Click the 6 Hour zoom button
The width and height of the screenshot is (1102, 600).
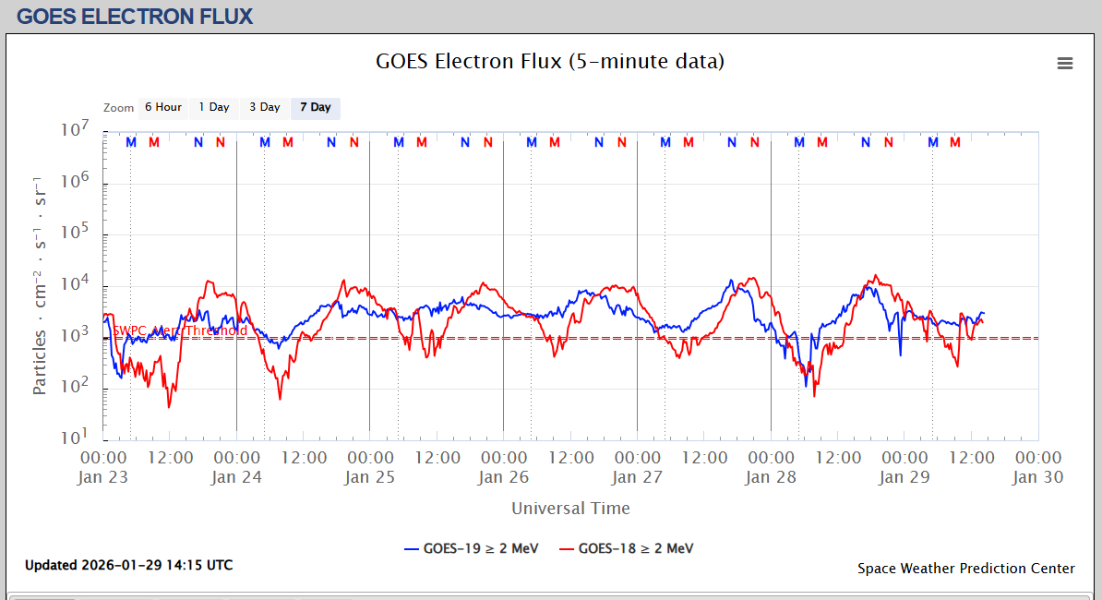(x=163, y=108)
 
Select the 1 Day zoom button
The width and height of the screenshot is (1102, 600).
(x=214, y=108)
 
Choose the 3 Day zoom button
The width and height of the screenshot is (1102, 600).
(x=265, y=108)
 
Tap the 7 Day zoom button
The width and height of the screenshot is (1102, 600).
(x=316, y=108)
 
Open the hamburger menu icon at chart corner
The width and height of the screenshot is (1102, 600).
(x=1065, y=63)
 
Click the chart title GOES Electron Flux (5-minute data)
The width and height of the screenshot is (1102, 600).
(x=550, y=62)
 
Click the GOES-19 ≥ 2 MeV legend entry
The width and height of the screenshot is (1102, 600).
(x=473, y=548)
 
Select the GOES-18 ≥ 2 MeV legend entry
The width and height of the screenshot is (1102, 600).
(x=628, y=548)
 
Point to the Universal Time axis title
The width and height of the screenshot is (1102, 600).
(x=570, y=508)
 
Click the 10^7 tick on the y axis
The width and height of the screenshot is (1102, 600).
(x=73, y=130)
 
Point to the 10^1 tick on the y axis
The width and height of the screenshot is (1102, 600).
(x=73, y=437)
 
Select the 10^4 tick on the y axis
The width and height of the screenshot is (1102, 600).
(x=73, y=283)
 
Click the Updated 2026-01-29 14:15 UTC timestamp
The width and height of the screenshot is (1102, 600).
(x=128, y=565)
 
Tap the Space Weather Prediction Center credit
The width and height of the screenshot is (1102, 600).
(x=965, y=569)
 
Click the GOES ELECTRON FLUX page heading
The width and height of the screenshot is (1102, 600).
(x=135, y=17)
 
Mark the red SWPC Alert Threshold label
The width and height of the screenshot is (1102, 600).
(x=180, y=330)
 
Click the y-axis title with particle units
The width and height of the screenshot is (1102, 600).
(x=40, y=284)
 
